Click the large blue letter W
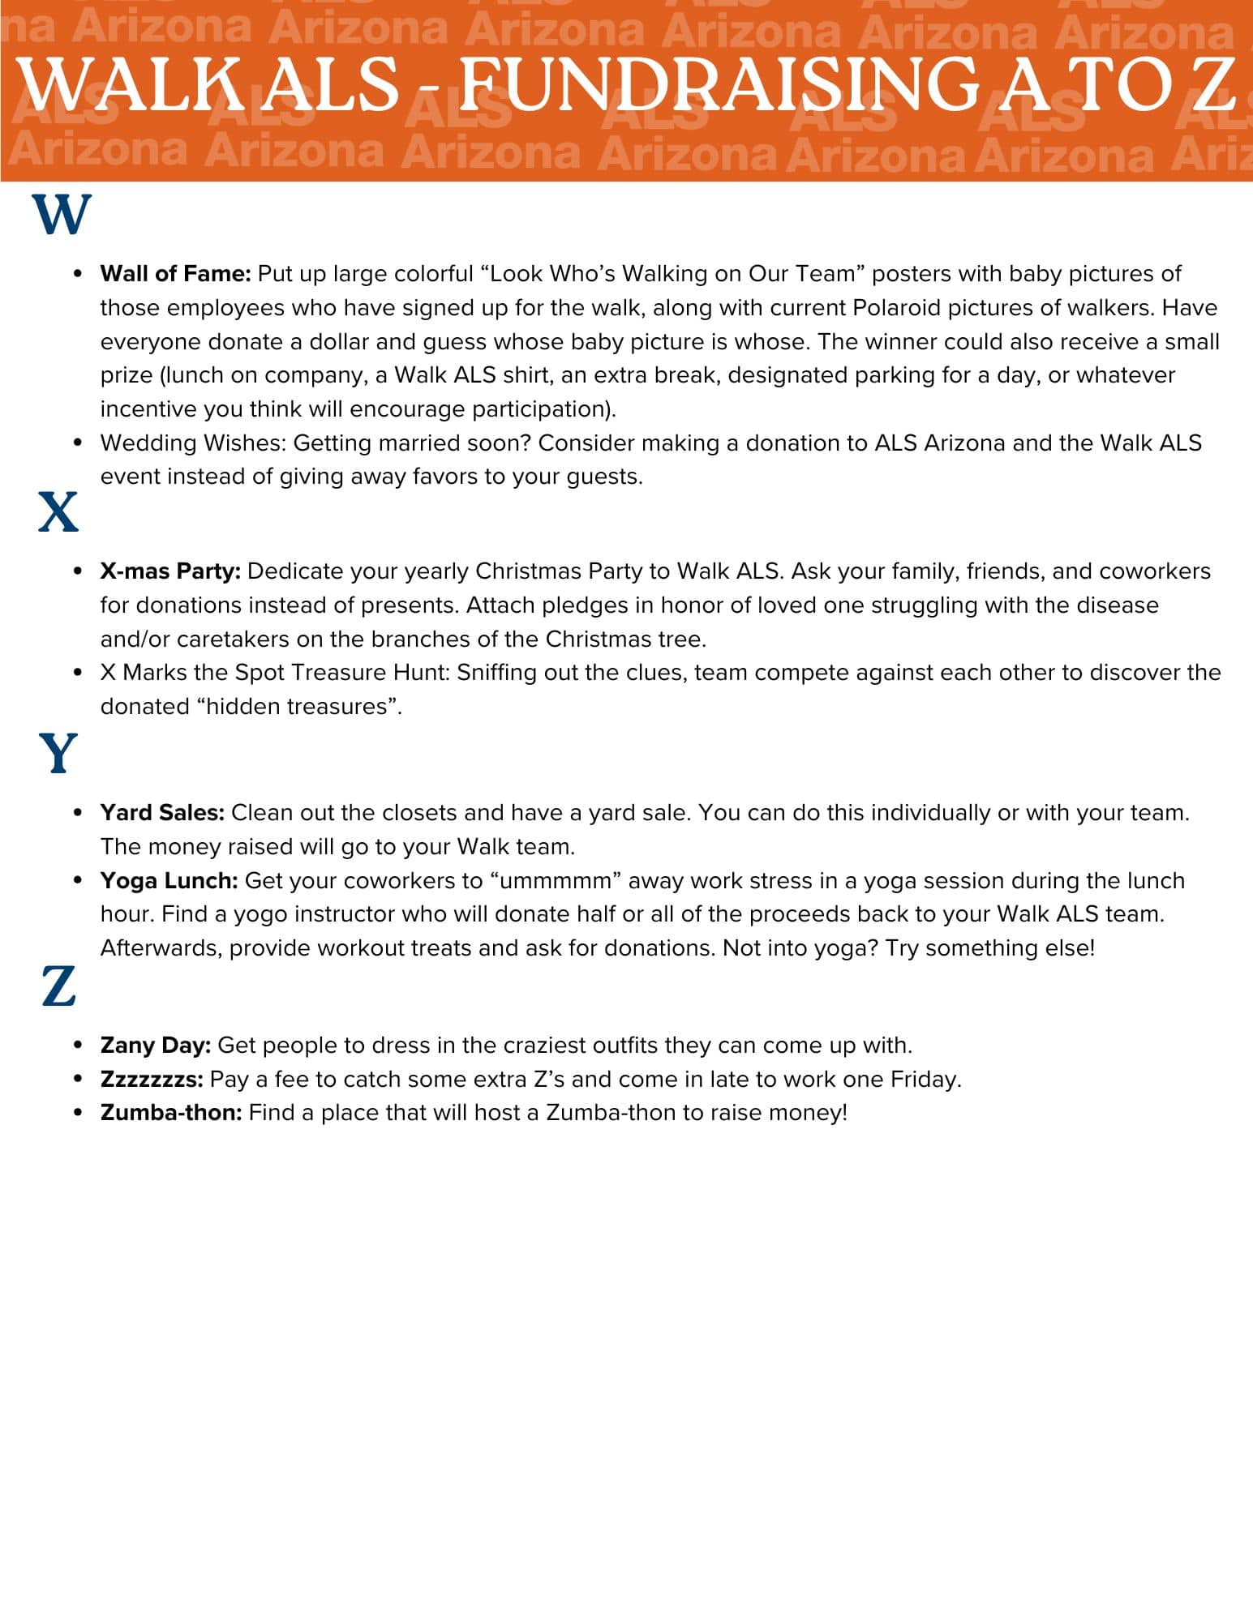point(62,215)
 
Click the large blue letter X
point(58,512)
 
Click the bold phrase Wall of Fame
point(175,274)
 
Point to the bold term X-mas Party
point(170,571)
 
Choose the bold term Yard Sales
point(162,813)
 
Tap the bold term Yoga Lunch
point(169,881)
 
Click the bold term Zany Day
point(156,1046)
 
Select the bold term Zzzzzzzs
point(152,1080)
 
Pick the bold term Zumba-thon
point(171,1113)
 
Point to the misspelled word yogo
point(258,915)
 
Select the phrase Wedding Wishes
point(192,443)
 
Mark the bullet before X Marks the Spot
point(78,673)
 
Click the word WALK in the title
point(130,84)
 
